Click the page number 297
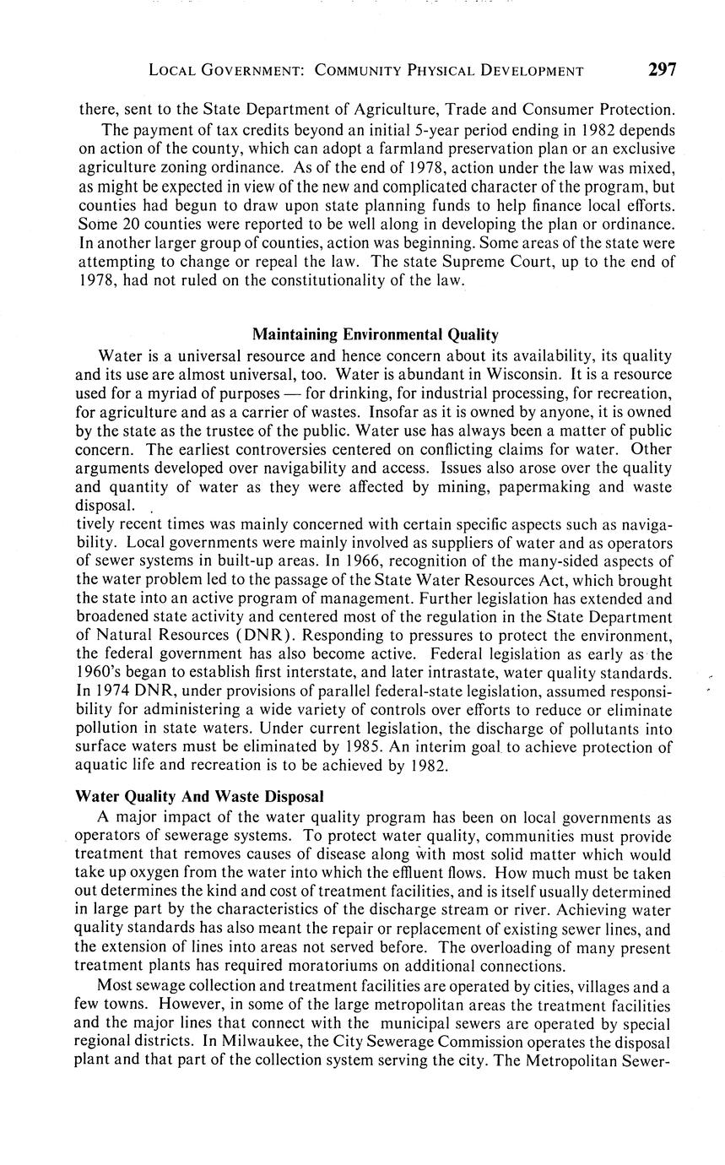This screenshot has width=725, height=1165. (x=662, y=70)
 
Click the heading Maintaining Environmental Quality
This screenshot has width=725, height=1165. (x=375, y=334)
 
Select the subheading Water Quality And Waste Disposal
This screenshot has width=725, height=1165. (x=199, y=796)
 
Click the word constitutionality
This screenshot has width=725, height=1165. (x=327, y=280)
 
